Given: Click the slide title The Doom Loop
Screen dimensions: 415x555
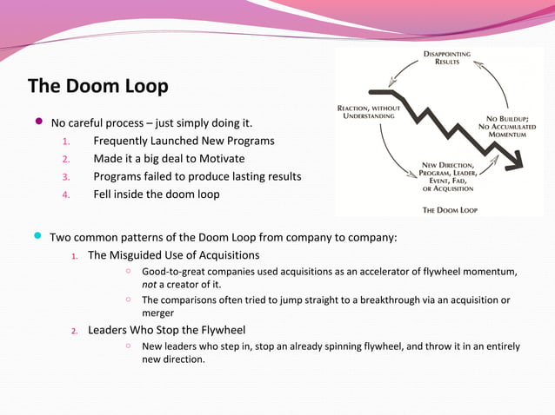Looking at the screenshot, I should point(97,87).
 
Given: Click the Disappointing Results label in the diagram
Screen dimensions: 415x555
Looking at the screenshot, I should point(447,58).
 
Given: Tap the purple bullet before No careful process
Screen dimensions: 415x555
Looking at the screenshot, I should point(37,122).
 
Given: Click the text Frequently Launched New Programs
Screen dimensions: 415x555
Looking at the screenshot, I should point(184,141).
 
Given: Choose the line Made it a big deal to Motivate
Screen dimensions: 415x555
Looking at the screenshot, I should point(169,159).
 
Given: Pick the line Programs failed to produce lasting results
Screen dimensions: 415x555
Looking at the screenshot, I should point(197,176).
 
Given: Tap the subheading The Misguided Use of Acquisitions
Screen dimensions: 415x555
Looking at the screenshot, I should point(173,255).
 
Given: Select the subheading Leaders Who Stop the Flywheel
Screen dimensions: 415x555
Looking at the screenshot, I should point(166,330).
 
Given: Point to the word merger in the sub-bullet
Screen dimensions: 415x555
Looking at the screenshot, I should point(157,313).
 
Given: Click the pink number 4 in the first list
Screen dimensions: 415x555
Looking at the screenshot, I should point(64,194).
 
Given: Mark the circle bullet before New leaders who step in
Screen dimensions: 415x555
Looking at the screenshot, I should point(127,346).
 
